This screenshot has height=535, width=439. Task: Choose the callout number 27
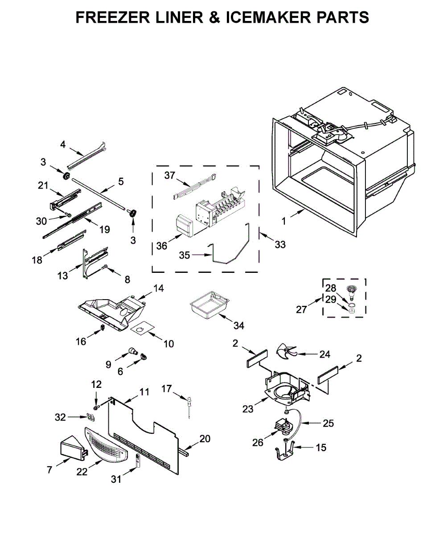coord(302,309)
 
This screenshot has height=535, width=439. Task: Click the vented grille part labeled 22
coord(106,448)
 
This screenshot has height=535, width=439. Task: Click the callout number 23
coord(248,408)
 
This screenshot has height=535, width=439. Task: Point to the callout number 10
coord(168,343)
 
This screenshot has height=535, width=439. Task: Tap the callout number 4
coord(63,144)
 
